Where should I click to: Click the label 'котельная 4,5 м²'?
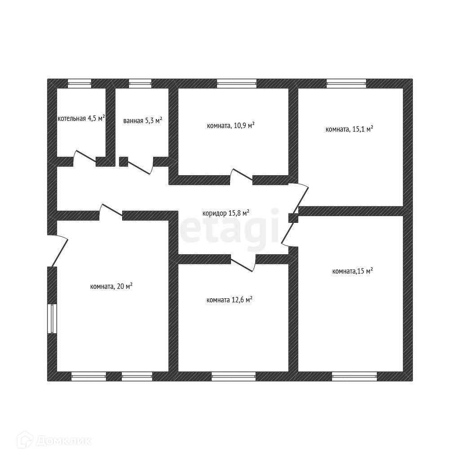[81, 119]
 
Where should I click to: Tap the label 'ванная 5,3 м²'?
[142, 121]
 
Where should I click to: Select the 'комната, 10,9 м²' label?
[231, 126]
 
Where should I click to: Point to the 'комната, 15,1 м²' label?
[349, 129]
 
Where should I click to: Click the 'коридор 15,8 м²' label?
[226, 213]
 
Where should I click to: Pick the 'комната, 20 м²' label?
[111, 286]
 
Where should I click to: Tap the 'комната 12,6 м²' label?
[229, 300]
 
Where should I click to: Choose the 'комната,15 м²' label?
[353, 271]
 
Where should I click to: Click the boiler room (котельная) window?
[80, 83]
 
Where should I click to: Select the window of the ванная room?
[140, 83]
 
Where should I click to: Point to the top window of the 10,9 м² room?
[237, 83]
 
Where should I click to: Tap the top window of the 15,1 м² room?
[346, 83]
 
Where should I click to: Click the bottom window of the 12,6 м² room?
[234, 376]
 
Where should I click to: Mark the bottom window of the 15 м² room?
[354, 376]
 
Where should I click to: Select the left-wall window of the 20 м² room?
[52, 318]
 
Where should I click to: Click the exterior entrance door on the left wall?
[58, 250]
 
